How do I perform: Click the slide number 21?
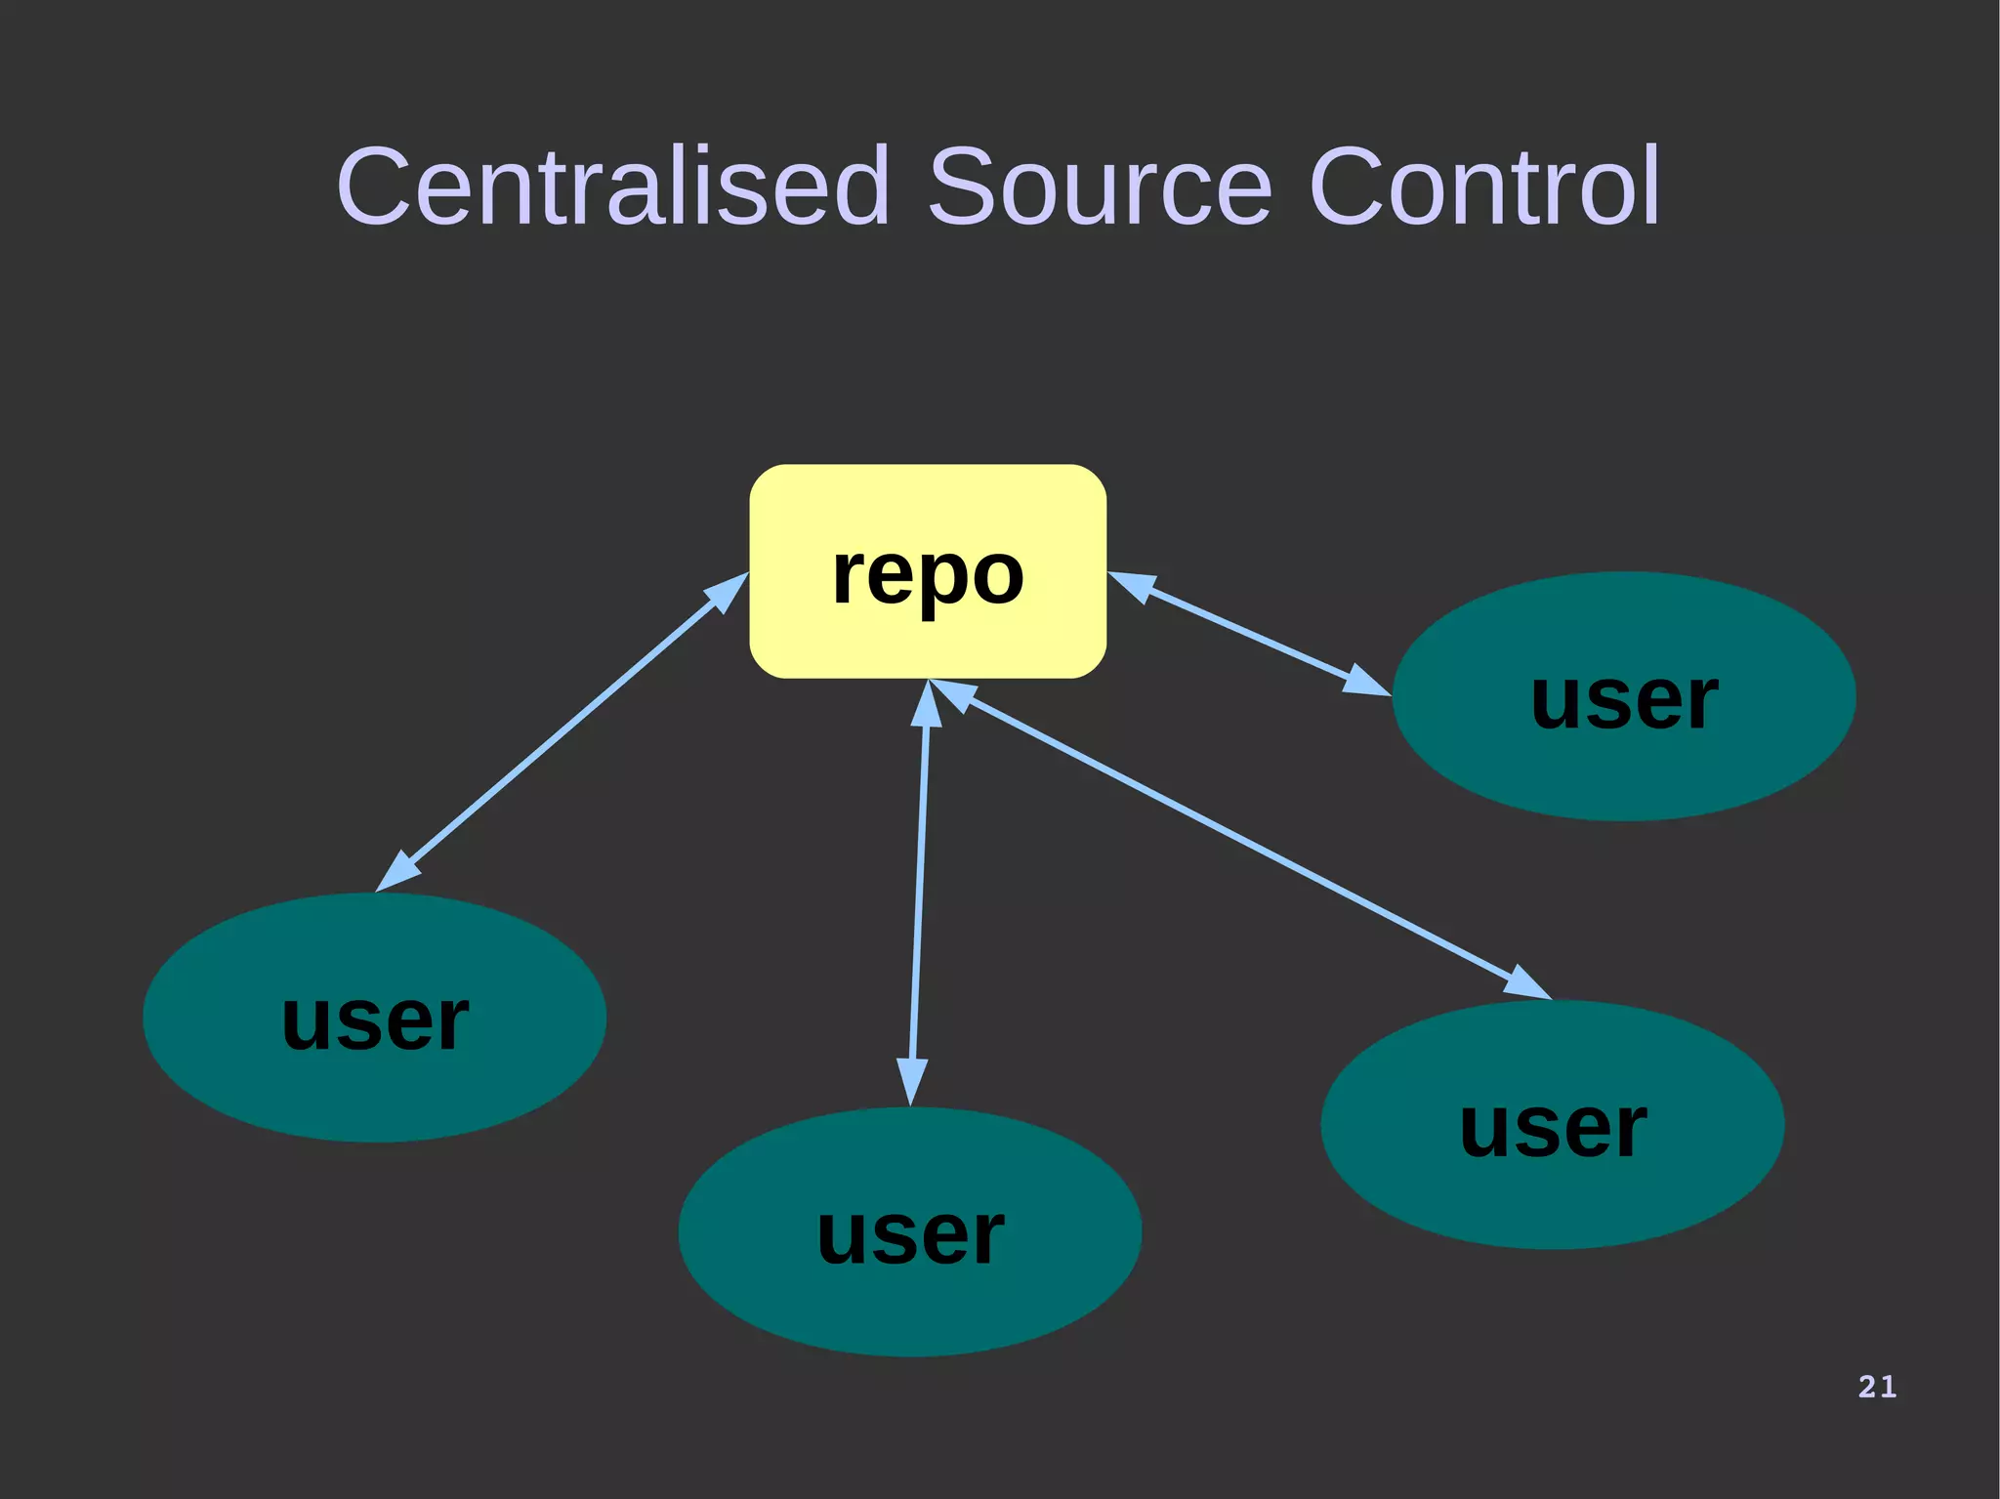click(x=1877, y=1387)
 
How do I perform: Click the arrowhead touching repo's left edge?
click(x=728, y=592)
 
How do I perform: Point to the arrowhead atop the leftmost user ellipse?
click(x=396, y=872)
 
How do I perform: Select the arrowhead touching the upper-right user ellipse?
click(x=1366, y=683)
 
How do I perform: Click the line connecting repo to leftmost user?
click(x=562, y=732)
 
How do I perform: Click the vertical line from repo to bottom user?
click(x=919, y=894)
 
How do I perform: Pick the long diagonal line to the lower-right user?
click(x=1240, y=840)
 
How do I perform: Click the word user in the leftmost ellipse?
click(x=375, y=1021)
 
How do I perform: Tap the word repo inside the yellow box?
click(x=928, y=576)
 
